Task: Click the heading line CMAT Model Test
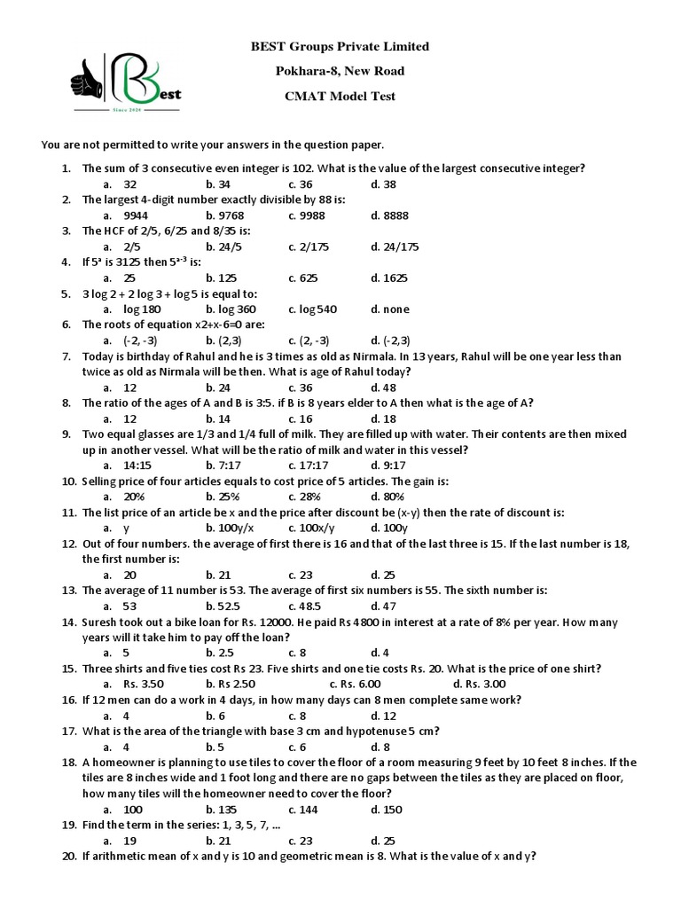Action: click(x=340, y=97)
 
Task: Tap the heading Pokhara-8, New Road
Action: click(x=340, y=72)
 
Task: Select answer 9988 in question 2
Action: click(x=309, y=215)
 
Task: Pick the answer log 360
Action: click(x=231, y=309)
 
